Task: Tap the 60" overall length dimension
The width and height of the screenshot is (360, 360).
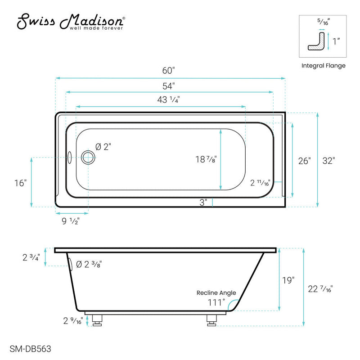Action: point(168,71)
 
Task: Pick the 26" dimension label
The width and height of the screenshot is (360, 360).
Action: point(304,161)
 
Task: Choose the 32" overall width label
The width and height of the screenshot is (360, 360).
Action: point(328,161)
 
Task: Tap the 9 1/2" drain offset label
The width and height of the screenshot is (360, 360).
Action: point(72,220)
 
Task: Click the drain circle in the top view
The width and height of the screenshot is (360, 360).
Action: point(88,157)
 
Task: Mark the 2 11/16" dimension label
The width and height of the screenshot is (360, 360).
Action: point(261,183)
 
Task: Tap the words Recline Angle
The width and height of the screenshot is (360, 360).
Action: point(214,292)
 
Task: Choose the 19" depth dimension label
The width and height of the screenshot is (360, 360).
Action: point(288,280)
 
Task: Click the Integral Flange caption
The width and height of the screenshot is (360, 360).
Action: point(323,65)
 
